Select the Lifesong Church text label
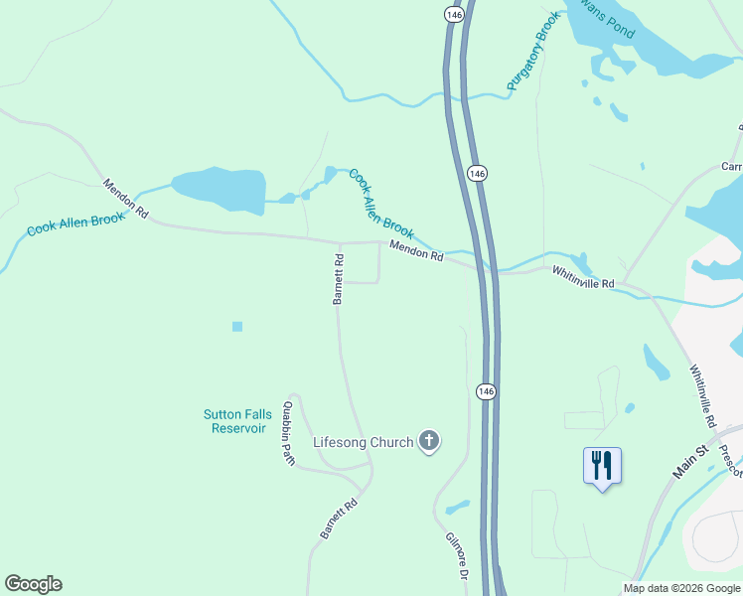coord(363,442)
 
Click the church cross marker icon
coord(429,441)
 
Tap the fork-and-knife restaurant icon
coord(602,465)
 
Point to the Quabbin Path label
coord(288,433)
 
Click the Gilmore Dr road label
coord(456,557)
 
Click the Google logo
coord(33,584)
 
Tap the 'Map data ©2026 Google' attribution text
coord(681,589)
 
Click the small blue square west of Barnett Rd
coord(236,326)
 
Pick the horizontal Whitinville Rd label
coord(583,283)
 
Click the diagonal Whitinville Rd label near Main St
coord(703,395)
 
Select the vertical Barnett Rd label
coord(339,279)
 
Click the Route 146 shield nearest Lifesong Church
coord(481,392)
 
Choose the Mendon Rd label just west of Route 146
coord(415,251)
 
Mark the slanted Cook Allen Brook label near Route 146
coord(380,203)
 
